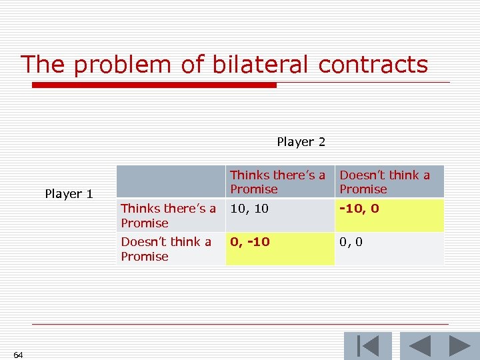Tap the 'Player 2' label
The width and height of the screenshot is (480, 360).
pos(301,142)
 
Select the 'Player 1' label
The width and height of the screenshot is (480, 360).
pos(69,194)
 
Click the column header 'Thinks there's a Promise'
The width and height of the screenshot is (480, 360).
pos(279,182)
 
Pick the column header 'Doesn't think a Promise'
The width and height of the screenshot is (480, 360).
pos(389,182)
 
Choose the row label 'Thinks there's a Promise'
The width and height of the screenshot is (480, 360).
pos(170,215)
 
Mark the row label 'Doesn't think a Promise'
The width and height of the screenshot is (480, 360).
pos(170,249)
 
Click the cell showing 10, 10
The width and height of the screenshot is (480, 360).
pos(279,215)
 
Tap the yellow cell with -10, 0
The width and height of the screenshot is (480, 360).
pos(389,215)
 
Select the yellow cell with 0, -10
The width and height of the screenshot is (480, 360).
pos(279,249)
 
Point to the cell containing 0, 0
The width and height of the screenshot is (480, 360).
pos(389,249)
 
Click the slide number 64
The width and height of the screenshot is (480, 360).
pos(18,355)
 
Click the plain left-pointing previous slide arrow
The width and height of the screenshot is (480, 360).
pos(419,346)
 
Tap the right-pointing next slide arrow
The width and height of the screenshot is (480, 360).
pos(459,346)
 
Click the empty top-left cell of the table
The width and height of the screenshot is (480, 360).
pos(170,182)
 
